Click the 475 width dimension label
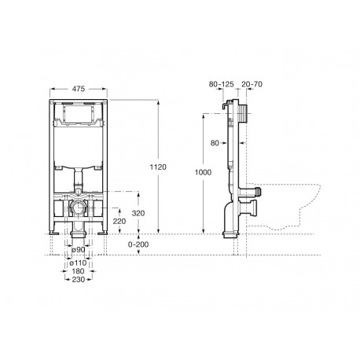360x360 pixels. tap(79, 89)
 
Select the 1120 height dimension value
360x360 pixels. tap(158, 167)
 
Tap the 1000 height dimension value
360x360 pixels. tap(203, 172)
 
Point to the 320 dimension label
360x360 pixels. tap(138, 213)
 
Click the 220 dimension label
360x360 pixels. tap(119, 222)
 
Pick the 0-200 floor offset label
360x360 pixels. tap(138, 244)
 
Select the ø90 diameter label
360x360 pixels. tap(79, 250)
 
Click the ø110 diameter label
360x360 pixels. tap(78, 263)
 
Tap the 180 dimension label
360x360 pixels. tap(79, 271)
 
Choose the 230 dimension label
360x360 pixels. tap(79, 280)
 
